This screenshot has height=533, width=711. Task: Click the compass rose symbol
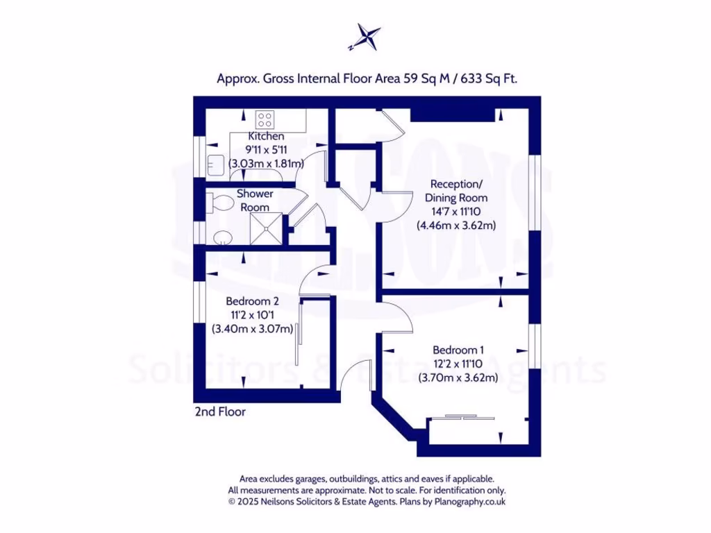pos(366,37)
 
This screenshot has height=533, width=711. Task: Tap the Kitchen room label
pos(266,137)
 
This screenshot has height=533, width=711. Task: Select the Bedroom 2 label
pos(252,301)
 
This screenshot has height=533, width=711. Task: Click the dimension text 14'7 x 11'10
pos(455,212)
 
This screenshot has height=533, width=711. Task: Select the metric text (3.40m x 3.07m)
pos(252,330)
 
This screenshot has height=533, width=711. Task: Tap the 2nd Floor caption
pos(220,412)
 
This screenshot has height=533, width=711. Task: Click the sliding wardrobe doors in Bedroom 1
pos(462,417)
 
